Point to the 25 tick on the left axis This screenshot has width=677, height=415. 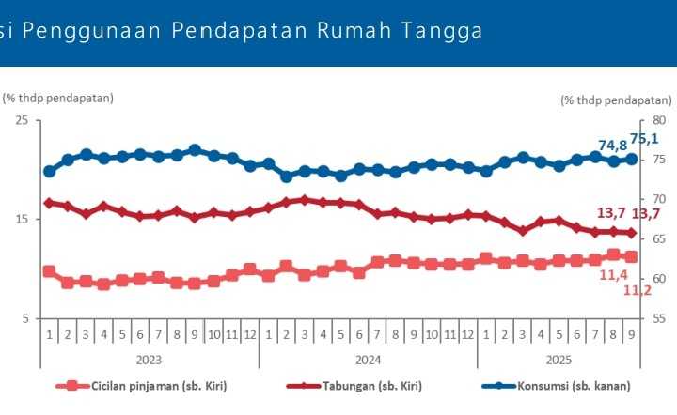click(x=21, y=120)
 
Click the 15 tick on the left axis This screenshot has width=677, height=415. click(x=21, y=220)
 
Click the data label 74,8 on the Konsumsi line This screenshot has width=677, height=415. click(x=612, y=146)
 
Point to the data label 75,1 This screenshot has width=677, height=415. click(x=644, y=139)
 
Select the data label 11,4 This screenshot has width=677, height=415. click(x=614, y=274)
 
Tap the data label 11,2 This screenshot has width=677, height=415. click(x=638, y=291)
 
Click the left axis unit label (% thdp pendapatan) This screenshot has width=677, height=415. click(x=58, y=98)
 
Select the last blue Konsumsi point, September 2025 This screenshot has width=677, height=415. click(x=632, y=159)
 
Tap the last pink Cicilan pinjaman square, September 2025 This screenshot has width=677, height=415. click(x=632, y=256)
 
